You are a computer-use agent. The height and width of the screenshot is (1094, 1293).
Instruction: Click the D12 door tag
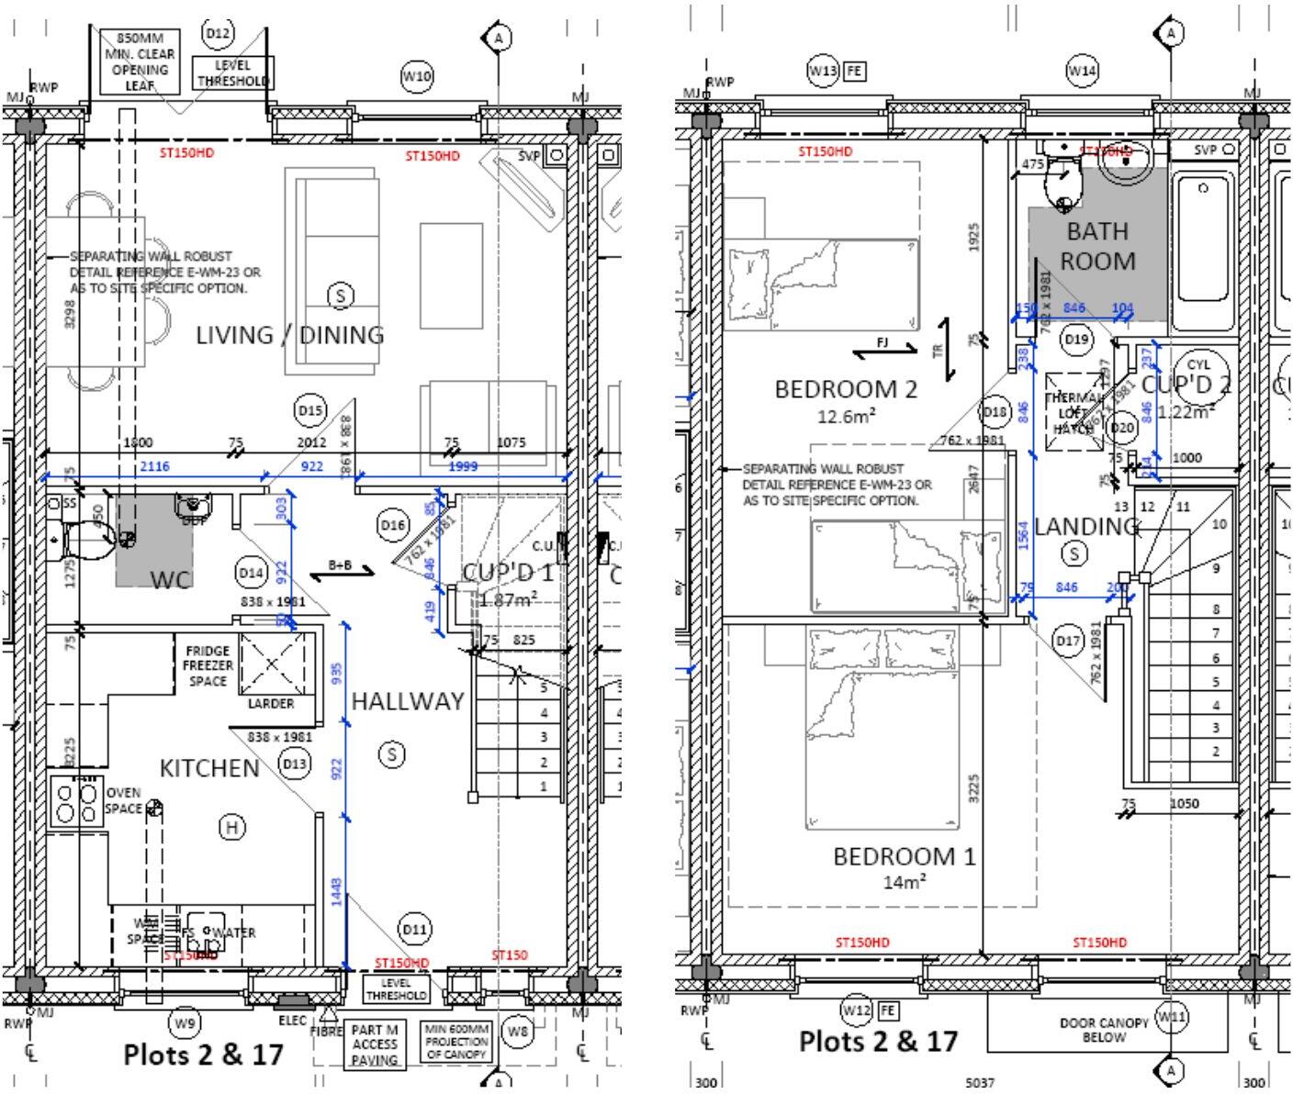(219, 34)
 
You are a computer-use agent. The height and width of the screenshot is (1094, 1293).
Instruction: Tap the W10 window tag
(417, 76)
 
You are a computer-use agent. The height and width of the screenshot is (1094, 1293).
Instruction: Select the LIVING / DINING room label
(290, 335)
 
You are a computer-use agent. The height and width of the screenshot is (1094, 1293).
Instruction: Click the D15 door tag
(310, 410)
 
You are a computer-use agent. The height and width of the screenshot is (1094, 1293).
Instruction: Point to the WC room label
(171, 579)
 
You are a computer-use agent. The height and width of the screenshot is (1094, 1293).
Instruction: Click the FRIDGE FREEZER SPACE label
(208, 665)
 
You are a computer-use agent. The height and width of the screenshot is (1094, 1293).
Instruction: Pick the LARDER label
(271, 704)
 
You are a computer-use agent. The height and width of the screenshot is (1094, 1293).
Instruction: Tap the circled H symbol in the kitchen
(232, 828)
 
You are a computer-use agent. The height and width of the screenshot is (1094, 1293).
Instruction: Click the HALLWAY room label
(408, 701)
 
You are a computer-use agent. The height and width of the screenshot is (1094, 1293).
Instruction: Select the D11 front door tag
(414, 929)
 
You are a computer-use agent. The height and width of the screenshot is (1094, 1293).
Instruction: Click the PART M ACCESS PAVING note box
(375, 1045)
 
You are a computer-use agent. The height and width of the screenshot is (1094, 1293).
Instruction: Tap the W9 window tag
(185, 1022)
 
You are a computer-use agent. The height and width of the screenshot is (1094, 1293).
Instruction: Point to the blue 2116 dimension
(154, 467)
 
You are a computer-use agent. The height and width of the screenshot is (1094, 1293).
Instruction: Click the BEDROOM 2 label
(846, 389)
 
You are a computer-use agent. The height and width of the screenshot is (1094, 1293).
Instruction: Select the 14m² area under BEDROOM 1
(904, 882)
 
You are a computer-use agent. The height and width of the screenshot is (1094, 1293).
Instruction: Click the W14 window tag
(1083, 71)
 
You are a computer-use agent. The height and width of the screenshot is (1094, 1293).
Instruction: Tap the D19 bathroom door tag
(1076, 339)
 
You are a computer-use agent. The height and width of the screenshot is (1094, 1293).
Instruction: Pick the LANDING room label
(1086, 526)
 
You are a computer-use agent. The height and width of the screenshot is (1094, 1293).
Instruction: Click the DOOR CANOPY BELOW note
(1103, 1030)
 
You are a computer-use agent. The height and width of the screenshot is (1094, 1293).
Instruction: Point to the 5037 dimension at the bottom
(979, 1083)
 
